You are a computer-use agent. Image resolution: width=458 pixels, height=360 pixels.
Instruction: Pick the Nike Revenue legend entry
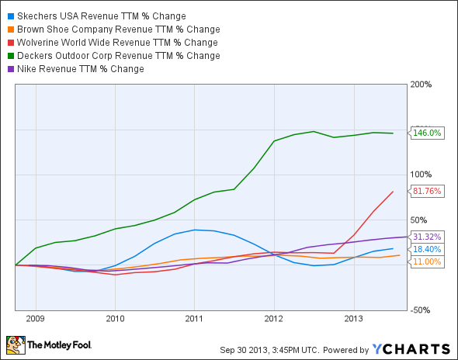click(x=81, y=68)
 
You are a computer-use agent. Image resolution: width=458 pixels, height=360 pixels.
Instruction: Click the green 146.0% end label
click(x=426, y=133)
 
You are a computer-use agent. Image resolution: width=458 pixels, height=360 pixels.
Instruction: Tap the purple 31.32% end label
click(x=426, y=237)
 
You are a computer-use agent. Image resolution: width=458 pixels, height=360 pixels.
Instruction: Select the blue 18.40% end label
click(x=426, y=249)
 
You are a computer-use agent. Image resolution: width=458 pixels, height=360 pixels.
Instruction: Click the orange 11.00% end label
click(x=426, y=261)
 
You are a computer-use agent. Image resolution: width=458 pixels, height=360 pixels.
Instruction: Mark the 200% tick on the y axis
click(x=421, y=84)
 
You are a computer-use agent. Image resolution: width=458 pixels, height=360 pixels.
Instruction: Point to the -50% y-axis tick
click(x=421, y=310)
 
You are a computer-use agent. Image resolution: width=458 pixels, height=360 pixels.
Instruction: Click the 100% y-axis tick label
click(x=421, y=175)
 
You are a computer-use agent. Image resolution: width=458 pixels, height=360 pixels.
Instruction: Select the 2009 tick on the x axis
click(x=36, y=317)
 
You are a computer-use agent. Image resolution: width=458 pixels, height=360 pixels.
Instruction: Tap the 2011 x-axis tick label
click(x=194, y=317)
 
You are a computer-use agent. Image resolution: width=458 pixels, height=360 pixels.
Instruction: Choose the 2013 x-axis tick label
click(x=353, y=317)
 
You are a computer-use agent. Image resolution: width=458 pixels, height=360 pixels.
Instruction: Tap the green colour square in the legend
click(x=9, y=55)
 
